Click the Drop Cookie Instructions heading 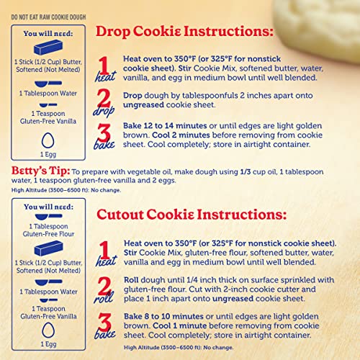click(184, 32)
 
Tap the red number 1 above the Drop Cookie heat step click(105, 64)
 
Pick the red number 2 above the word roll click(105, 284)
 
